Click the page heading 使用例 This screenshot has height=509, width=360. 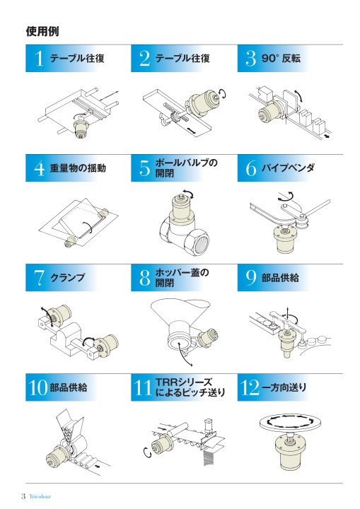point(42,31)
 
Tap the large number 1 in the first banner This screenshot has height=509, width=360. point(39,59)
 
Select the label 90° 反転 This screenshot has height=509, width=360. point(281,59)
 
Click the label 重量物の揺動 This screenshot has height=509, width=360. point(78,168)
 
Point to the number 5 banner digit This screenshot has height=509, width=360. point(144,168)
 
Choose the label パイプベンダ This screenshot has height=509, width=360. point(288,168)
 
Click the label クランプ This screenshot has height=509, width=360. point(67,278)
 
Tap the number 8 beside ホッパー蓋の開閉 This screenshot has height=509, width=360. point(145,278)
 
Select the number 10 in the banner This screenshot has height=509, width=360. point(38,387)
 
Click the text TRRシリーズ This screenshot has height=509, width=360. point(184,382)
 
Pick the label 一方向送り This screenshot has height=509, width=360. point(284,387)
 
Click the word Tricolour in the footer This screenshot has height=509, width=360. point(40,496)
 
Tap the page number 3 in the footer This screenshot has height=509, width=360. point(23,496)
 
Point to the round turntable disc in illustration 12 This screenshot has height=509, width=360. point(291,423)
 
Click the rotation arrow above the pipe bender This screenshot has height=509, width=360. point(286,197)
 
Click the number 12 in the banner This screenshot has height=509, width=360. point(250,387)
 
